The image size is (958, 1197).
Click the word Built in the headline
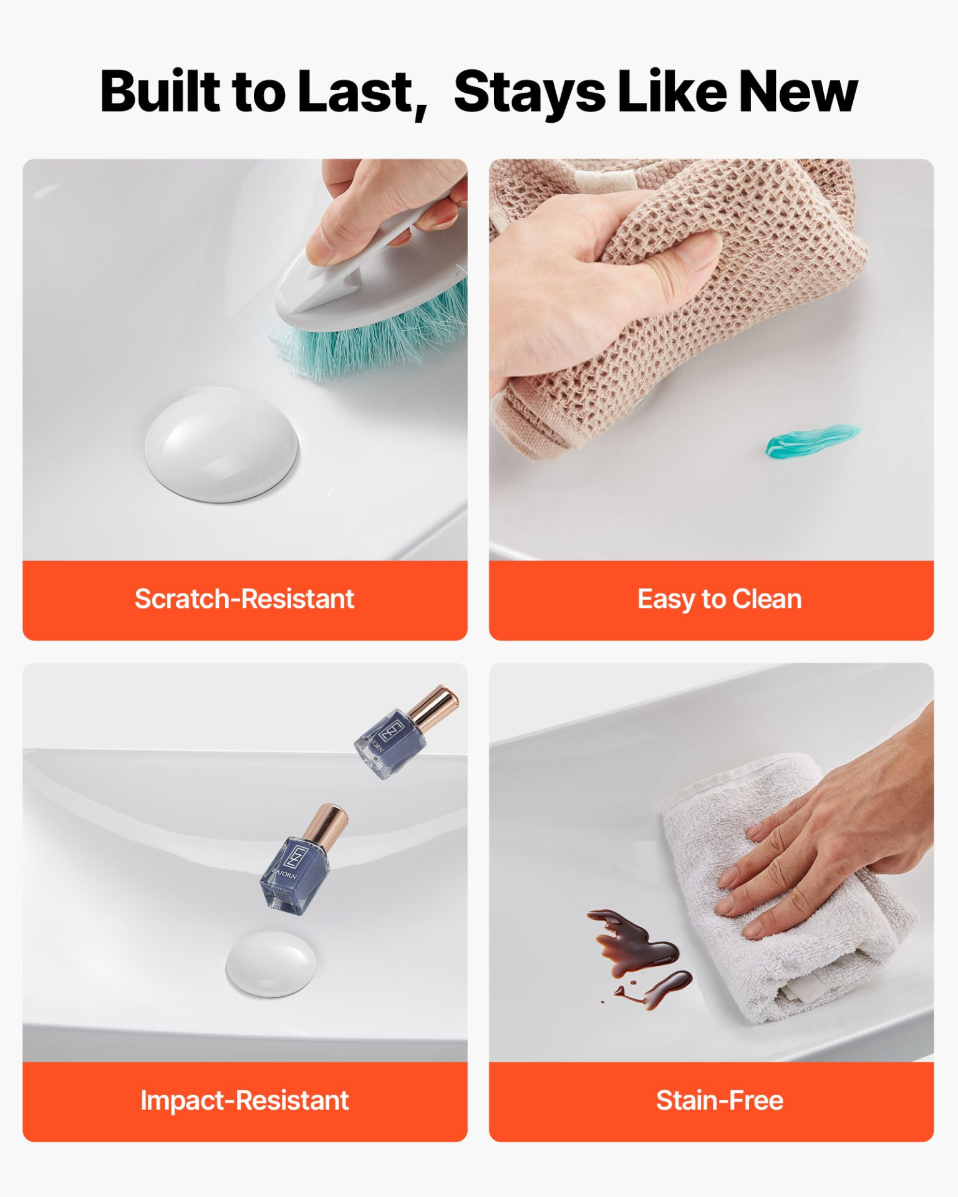pyautogui.click(x=160, y=92)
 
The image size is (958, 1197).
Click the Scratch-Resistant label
pyautogui.click(x=244, y=599)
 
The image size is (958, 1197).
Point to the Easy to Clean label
pyautogui.click(x=719, y=600)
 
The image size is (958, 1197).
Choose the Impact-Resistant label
pyautogui.click(x=244, y=1101)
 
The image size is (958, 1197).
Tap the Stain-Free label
pyautogui.click(x=720, y=1101)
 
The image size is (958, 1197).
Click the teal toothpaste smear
pyautogui.click(x=812, y=440)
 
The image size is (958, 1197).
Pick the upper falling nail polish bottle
pyautogui.click(x=406, y=733)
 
